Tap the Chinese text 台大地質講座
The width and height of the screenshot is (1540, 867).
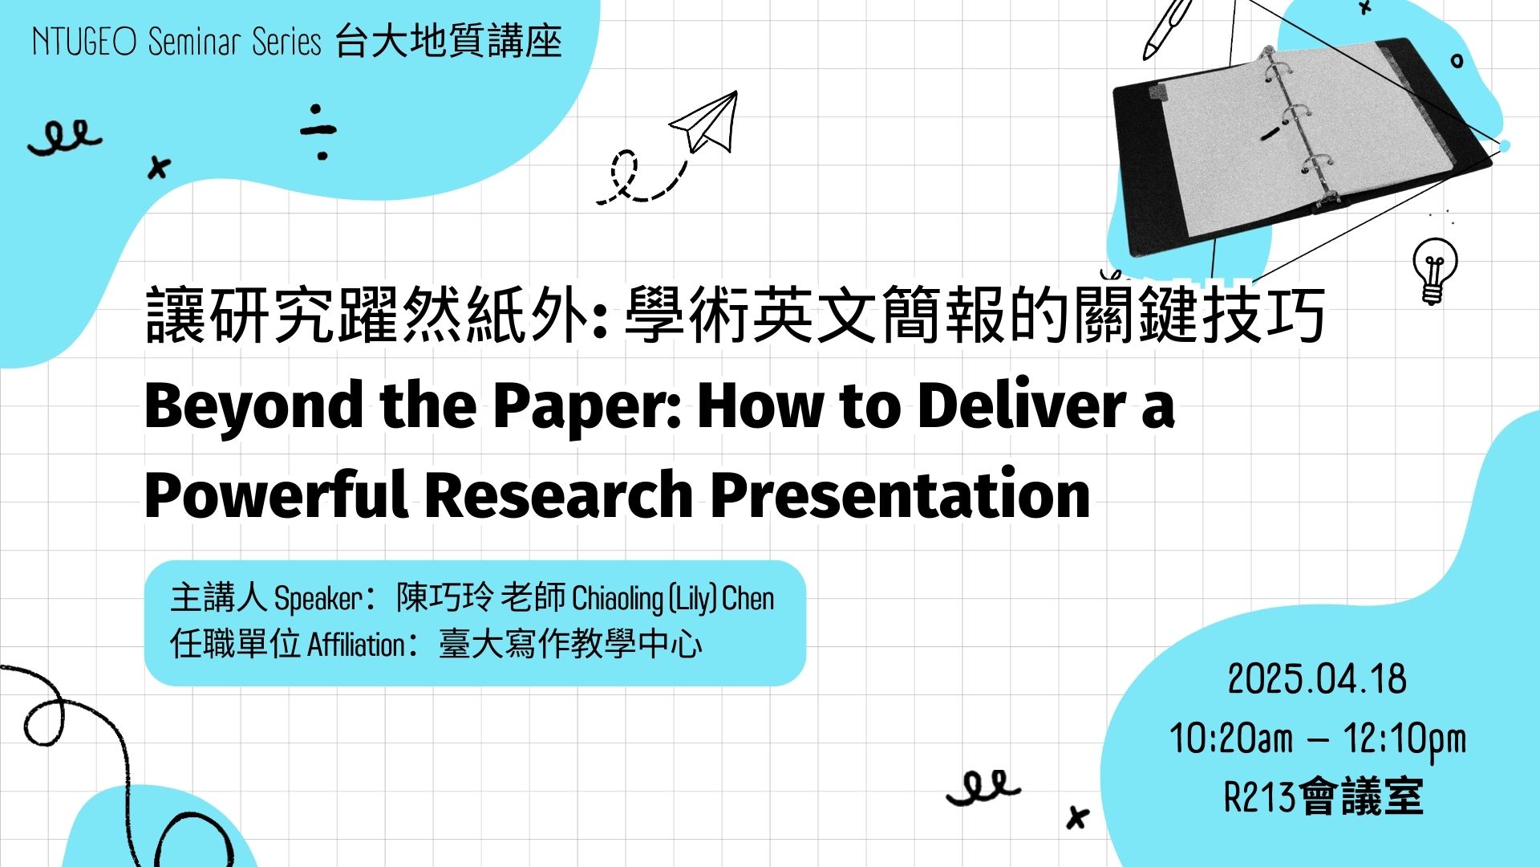449,41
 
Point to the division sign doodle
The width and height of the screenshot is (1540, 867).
318,132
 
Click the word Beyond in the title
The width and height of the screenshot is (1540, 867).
253,407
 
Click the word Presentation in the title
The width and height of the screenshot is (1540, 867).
900,495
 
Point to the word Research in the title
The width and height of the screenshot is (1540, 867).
558,495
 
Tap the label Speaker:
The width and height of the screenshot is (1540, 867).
324,599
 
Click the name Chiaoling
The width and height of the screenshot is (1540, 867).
618,599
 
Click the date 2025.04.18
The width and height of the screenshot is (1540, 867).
1317,679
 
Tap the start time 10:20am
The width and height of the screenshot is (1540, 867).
1231,739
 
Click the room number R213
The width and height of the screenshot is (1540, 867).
1260,797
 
